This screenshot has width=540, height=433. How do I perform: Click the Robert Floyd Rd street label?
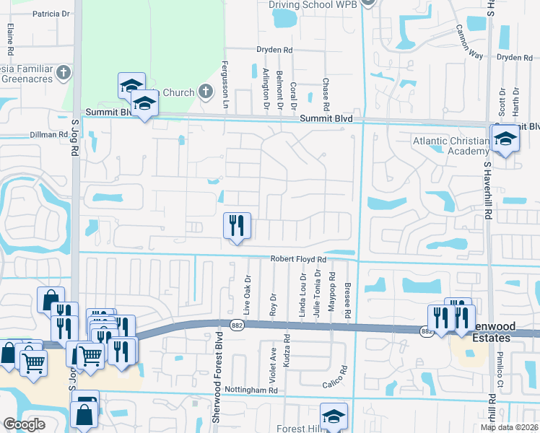299,258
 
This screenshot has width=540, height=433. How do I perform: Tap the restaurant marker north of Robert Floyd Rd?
236,226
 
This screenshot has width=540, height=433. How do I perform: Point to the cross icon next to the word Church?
205,92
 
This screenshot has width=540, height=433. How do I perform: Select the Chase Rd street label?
326,94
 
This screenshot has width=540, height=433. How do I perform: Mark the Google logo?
24,424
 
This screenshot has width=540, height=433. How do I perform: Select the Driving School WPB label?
315,4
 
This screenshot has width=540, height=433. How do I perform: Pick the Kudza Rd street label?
287,349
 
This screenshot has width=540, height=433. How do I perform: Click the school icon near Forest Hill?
334,416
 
